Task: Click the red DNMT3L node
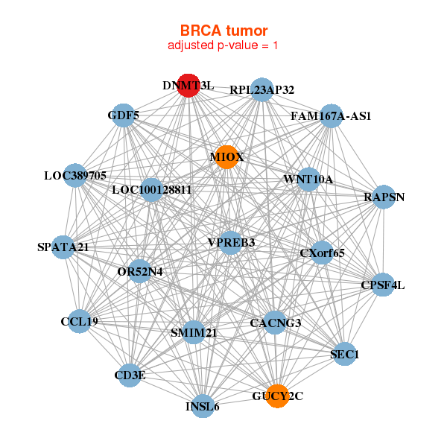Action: (188, 86)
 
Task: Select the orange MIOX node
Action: (226, 156)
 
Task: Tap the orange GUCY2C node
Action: (277, 396)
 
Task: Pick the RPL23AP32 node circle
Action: (261, 89)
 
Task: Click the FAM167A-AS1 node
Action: (331, 115)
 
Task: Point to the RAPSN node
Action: (384, 197)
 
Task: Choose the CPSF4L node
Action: (382, 285)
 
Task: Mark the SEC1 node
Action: (344, 355)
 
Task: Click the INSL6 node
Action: (203, 407)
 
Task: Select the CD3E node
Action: (130, 375)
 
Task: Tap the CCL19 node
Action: (79, 322)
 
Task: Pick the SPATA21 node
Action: (63, 247)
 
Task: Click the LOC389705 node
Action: (75, 176)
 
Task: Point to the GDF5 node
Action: (123, 115)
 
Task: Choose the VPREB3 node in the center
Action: (232, 242)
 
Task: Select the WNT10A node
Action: (308, 180)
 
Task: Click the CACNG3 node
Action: (276, 323)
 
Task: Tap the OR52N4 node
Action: (139, 272)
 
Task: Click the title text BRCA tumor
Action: (223, 31)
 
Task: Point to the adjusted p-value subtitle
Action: (223, 45)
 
